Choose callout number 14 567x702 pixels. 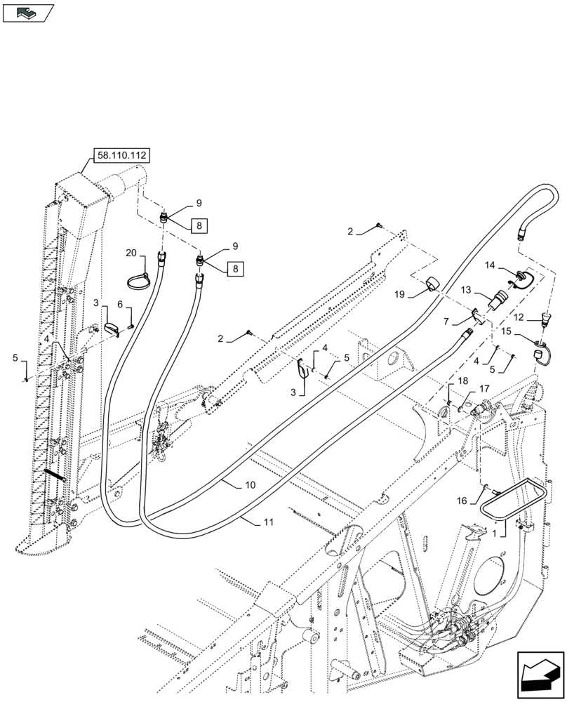pos(490,265)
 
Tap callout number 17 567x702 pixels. pos(484,388)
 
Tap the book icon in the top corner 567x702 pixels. pos(27,12)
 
